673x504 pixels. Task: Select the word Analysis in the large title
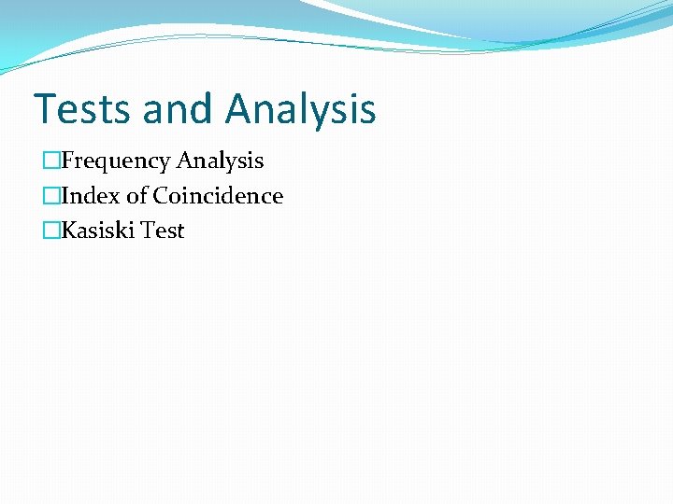click(x=300, y=108)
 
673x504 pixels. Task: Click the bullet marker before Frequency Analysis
click(x=50, y=161)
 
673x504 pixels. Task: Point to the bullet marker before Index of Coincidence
click(x=50, y=196)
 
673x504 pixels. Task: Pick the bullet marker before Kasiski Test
click(x=50, y=231)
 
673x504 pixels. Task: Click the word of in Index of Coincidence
click(x=136, y=196)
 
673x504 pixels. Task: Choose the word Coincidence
click(x=218, y=196)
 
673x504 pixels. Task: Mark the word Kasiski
click(x=98, y=231)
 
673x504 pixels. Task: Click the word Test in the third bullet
click(x=164, y=231)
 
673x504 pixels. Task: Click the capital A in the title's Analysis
click(x=239, y=108)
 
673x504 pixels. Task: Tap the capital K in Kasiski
click(x=67, y=231)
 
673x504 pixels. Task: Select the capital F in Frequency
click(x=66, y=161)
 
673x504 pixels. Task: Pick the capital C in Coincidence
click(x=161, y=196)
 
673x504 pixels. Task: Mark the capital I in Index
click(x=64, y=196)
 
